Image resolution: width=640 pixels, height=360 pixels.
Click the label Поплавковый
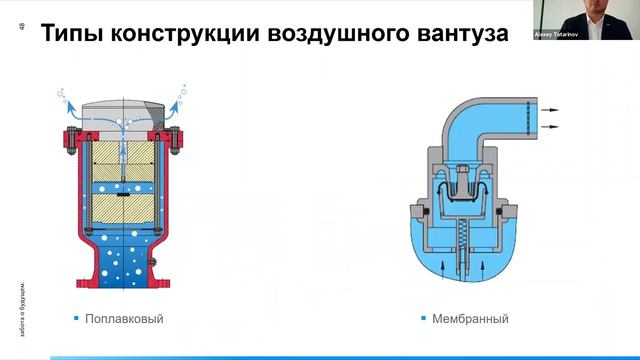[124, 319]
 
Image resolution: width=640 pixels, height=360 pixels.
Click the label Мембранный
[470, 319]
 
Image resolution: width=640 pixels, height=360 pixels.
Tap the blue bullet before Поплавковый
[76, 319]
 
